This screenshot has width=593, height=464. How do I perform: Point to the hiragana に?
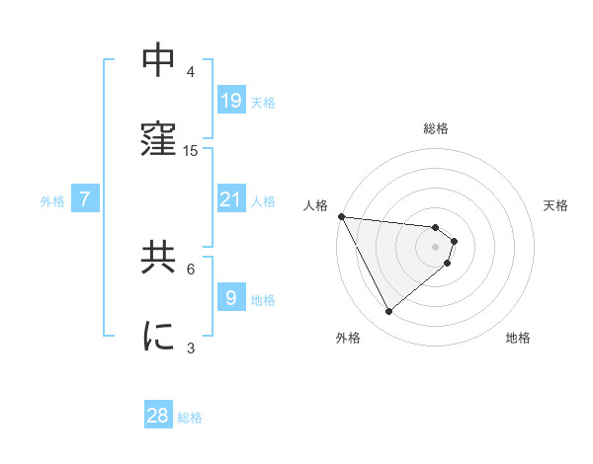click(x=159, y=336)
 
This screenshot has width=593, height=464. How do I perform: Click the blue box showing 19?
click(x=230, y=101)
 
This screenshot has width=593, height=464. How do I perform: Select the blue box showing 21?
click(x=230, y=199)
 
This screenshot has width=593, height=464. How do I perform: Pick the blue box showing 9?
click(x=230, y=298)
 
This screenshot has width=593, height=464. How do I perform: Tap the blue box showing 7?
click(x=85, y=199)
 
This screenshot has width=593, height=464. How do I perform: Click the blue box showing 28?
click(x=158, y=416)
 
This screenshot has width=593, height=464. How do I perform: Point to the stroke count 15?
click(x=191, y=150)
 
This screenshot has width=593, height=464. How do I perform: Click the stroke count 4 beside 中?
click(x=191, y=71)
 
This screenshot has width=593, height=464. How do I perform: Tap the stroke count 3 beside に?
click(x=191, y=348)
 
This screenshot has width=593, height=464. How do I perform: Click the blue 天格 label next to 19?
click(x=263, y=103)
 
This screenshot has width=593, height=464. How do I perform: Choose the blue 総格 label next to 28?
click(x=190, y=418)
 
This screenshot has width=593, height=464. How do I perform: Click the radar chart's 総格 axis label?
click(x=436, y=128)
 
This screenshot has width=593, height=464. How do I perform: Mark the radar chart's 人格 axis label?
click(x=315, y=205)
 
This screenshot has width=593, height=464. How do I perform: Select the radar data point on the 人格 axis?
click(x=341, y=216)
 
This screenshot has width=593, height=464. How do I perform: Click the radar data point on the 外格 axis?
click(x=388, y=312)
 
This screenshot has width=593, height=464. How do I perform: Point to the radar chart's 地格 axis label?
click(x=518, y=339)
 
